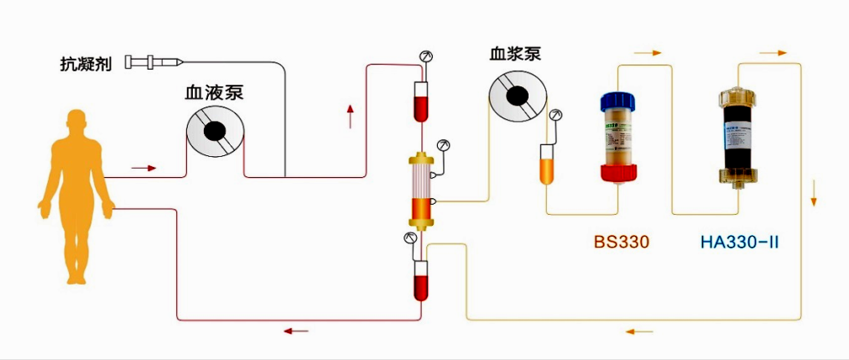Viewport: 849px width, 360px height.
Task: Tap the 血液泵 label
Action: [x=214, y=93]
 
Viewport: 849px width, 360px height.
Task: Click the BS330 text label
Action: [x=622, y=243]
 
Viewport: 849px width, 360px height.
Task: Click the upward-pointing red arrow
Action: [x=350, y=116]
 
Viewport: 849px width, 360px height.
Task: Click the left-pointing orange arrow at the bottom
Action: [x=639, y=331]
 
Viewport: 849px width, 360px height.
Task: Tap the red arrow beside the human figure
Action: [x=144, y=168]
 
